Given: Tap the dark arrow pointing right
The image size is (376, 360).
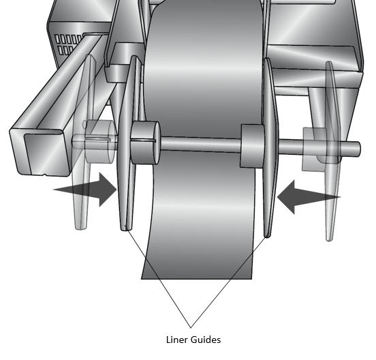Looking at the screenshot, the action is [85, 190].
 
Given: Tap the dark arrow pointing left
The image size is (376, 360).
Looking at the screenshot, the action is [309, 197].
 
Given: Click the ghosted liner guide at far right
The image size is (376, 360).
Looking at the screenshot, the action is [332, 151].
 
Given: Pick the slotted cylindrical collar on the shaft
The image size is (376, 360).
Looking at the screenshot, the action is [145, 143].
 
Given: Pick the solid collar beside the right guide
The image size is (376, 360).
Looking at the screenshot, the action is [252, 146].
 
